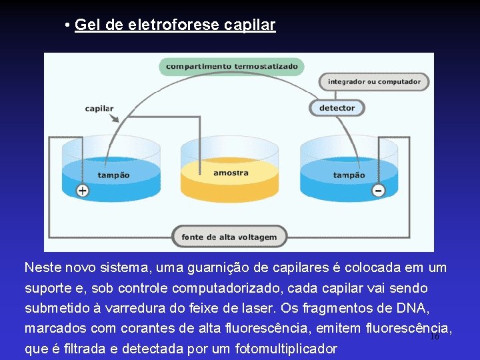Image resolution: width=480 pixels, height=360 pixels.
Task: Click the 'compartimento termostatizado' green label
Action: point(231,67)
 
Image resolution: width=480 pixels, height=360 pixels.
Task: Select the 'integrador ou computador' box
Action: point(374,82)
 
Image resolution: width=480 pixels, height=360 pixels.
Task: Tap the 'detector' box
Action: point(337,108)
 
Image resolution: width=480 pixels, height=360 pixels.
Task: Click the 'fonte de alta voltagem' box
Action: point(229,237)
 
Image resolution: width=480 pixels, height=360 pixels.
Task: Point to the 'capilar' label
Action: point(99,109)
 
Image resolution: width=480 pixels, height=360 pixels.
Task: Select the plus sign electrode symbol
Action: point(82,191)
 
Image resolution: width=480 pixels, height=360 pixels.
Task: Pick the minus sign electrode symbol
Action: point(378,191)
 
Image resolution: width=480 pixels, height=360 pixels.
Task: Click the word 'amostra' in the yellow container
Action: point(231,173)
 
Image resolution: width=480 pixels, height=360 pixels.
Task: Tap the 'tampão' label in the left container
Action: point(113,175)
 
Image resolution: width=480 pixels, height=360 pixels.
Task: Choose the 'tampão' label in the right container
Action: point(349,175)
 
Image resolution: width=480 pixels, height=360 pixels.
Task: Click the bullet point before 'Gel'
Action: point(68,25)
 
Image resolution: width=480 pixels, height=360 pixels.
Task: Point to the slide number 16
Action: point(435,337)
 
